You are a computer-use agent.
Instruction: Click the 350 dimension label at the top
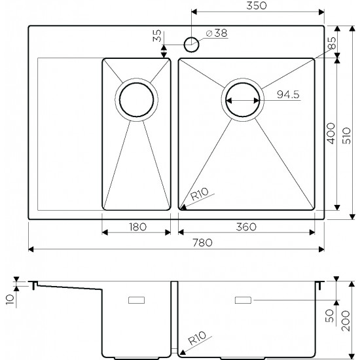pos(257,6)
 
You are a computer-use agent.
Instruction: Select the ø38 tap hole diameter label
pos(217,33)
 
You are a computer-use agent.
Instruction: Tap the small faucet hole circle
pos(192,45)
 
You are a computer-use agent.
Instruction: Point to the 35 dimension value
pos(157,36)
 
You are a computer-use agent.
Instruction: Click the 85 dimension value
pos(332,43)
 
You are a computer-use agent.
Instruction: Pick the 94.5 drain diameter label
pos(288,94)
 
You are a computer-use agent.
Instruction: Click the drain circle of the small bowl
pos(136,99)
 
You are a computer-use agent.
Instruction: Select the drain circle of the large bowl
pos(243,100)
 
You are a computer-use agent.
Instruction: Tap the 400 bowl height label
pos(331,134)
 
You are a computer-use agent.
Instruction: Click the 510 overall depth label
pos(346,135)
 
